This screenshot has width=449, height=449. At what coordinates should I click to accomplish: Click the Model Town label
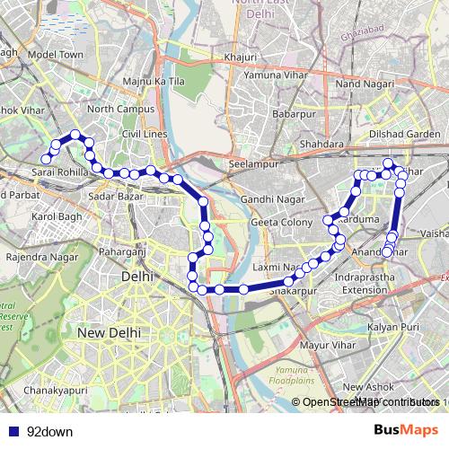(x=56, y=54)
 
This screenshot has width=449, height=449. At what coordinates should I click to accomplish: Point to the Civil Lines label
(x=145, y=134)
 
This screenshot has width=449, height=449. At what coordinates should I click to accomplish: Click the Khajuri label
(x=242, y=57)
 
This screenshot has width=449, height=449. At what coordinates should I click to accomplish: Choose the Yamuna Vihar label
(x=272, y=75)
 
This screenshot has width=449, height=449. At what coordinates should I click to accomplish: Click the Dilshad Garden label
(x=409, y=134)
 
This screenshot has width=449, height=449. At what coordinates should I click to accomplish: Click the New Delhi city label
(x=107, y=332)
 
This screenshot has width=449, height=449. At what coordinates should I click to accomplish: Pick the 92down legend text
(x=49, y=432)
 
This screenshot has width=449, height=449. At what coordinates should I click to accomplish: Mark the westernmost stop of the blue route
(x=46, y=160)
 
